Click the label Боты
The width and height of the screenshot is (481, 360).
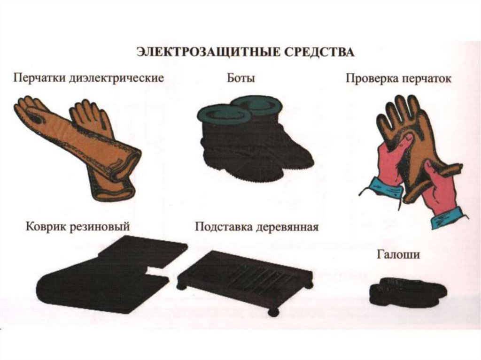click(241, 78)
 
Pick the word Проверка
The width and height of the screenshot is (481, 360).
click(372, 78)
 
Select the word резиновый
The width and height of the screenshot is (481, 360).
click(100, 227)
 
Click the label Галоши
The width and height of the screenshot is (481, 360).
click(398, 254)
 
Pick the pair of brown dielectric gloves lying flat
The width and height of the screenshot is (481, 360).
click(77, 147)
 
